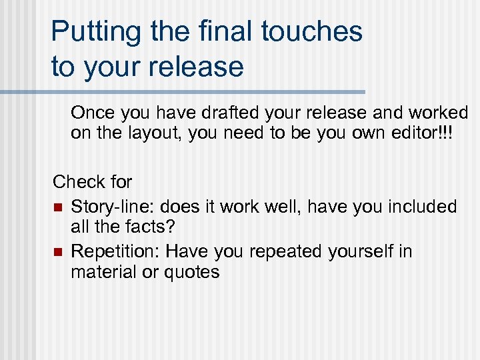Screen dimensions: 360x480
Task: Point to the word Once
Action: [x=92, y=113]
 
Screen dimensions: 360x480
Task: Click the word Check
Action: [x=75, y=181]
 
